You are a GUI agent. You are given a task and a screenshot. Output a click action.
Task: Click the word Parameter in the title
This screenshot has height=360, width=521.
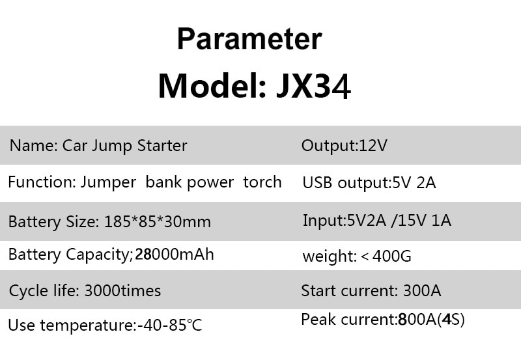point(249,38)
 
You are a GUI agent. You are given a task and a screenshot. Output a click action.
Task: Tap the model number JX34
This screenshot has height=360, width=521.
point(313,87)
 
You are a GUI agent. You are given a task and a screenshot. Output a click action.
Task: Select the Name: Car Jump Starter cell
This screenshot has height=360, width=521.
point(98,146)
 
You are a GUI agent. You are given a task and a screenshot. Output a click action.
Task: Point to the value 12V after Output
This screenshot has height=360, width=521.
point(373,145)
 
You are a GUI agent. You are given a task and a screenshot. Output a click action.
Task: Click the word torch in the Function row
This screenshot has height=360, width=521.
point(262,182)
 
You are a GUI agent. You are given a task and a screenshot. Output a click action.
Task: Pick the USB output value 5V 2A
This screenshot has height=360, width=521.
point(414,183)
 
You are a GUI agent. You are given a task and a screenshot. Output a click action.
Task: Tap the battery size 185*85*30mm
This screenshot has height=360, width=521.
point(158,221)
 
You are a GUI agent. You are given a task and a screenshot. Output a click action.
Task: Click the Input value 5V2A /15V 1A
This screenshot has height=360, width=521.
point(399,221)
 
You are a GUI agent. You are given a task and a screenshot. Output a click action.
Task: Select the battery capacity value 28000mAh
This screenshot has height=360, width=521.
point(175,255)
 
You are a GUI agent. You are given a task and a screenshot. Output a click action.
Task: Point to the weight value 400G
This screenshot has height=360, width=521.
point(392,256)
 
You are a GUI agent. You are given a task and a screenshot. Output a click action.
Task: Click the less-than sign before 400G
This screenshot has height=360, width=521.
point(365,256)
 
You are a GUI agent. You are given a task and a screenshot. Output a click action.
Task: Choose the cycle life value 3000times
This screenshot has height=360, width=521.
point(122,290)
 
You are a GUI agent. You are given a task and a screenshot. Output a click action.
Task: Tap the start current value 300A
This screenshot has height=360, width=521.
point(422,290)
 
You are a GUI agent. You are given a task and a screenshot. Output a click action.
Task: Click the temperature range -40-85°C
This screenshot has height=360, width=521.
point(170,325)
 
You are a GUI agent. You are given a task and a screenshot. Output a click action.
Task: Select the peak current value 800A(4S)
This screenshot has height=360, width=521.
point(431,320)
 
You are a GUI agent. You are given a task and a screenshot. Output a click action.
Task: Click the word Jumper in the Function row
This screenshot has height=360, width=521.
point(108,183)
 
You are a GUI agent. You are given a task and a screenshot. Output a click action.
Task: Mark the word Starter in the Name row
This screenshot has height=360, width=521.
point(162,145)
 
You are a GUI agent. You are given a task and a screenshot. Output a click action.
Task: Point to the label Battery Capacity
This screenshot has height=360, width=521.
point(70,255)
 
